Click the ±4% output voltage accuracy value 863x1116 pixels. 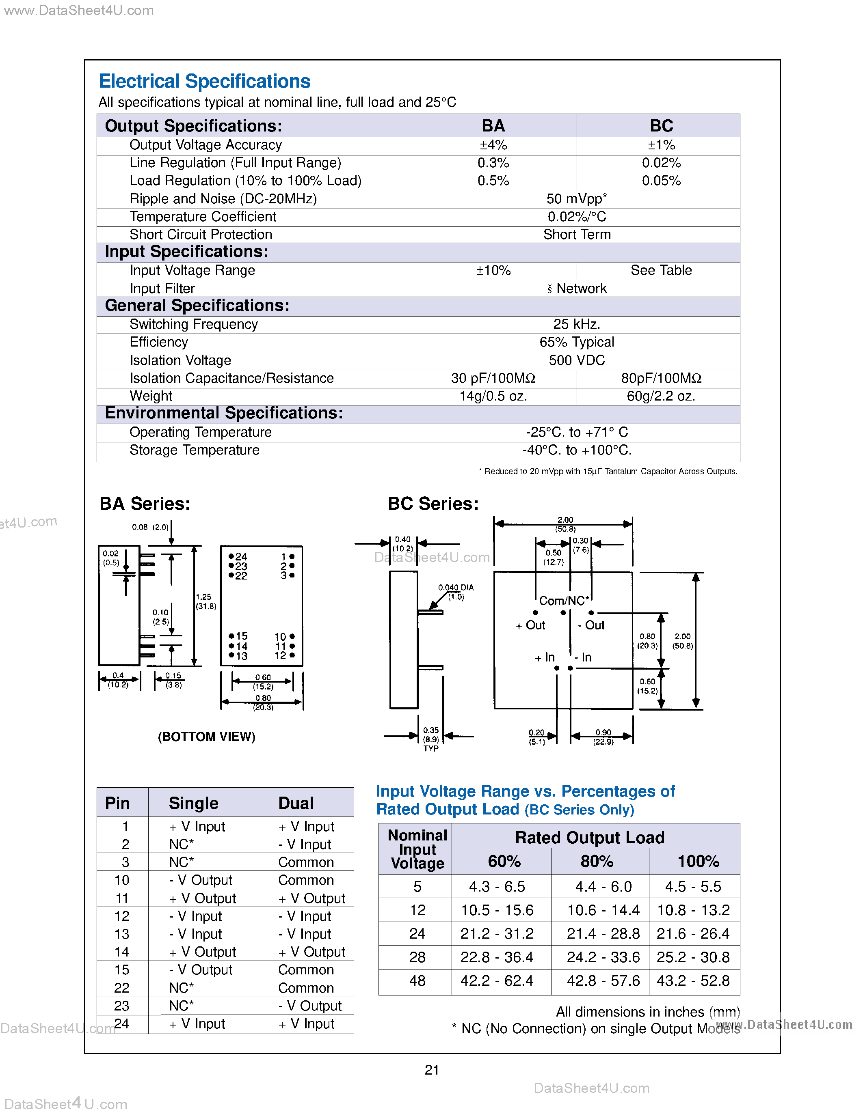(493, 145)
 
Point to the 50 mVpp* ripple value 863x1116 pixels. (576, 199)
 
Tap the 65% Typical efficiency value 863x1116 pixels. (576, 342)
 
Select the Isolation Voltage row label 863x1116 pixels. (180, 360)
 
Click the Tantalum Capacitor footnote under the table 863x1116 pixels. (608, 471)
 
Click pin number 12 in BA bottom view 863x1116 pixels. (280, 655)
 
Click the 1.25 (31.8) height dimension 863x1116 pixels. (205, 601)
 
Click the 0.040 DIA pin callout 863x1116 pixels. (456, 592)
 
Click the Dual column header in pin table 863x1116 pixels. (296, 803)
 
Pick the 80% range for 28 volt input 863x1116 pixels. (603, 957)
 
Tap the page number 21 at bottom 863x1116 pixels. (431, 1069)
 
